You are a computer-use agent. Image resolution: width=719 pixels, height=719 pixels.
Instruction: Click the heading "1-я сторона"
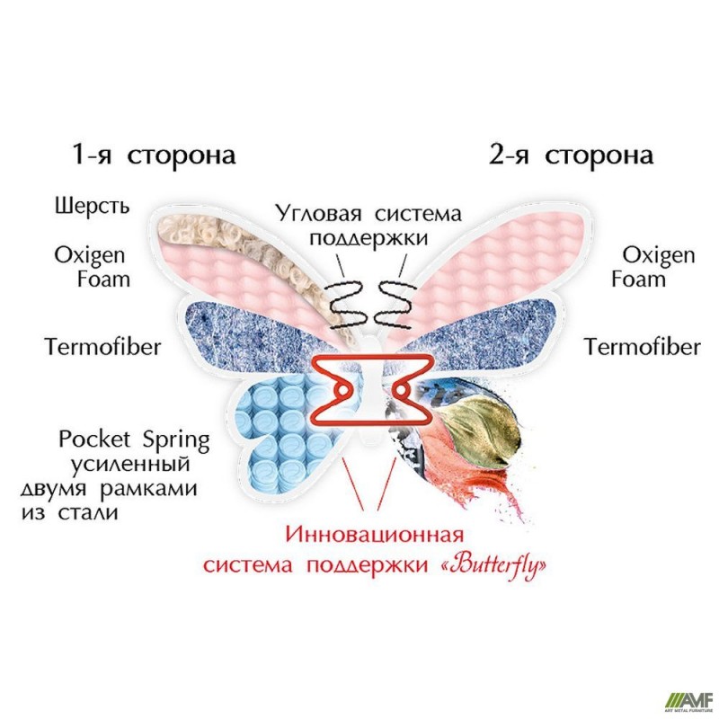(155, 155)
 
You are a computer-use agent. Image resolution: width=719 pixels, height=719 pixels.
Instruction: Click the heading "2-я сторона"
(571, 155)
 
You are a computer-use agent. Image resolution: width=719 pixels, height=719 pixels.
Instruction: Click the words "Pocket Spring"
(134, 441)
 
